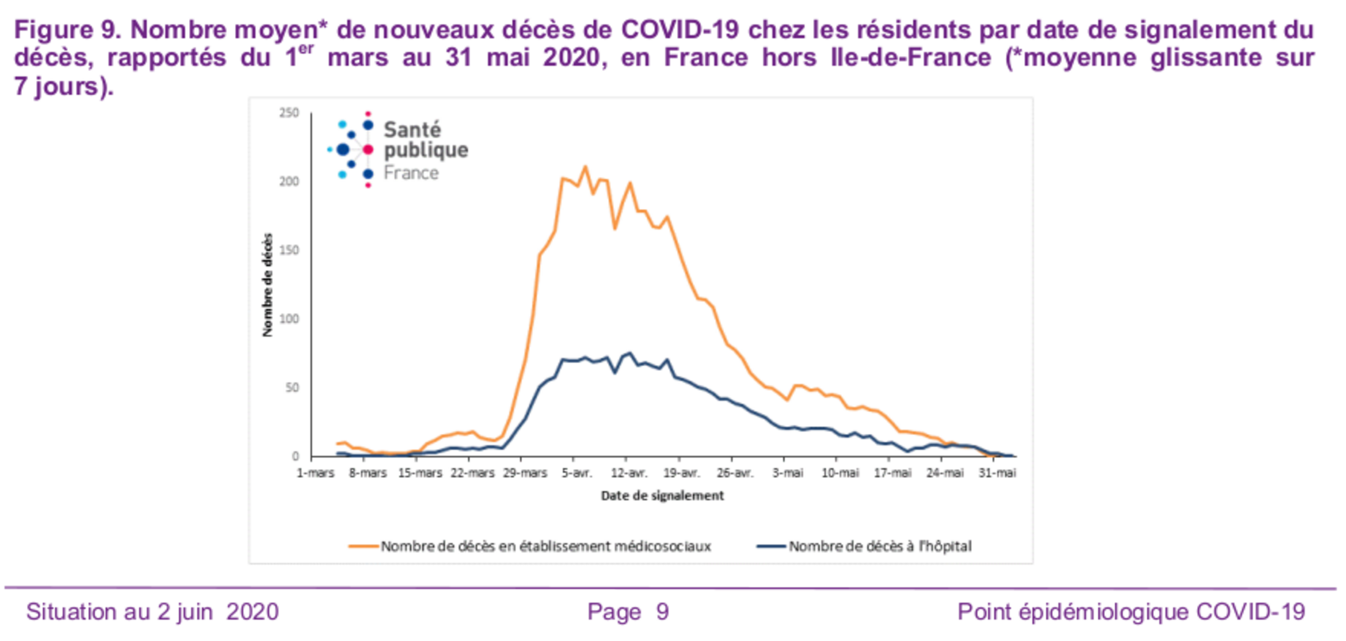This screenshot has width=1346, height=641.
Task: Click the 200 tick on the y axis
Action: (289, 182)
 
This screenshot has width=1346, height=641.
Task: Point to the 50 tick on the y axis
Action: (292, 388)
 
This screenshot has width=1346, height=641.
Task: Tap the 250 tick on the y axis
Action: (289, 113)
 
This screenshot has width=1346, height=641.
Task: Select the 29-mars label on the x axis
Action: (524, 473)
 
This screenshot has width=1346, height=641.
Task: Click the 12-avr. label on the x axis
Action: (629, 473)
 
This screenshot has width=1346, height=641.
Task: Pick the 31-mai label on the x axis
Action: (997, 473)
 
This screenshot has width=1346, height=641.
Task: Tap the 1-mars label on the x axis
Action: (315, 473)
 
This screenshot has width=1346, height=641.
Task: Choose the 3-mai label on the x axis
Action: (787, 473)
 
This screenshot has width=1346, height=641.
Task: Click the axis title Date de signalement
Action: (662, 495)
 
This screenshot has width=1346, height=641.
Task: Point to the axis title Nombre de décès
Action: (267, 284)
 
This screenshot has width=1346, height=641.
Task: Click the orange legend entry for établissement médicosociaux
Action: (530, 546)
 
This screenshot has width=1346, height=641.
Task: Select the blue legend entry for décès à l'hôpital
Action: (864, 546)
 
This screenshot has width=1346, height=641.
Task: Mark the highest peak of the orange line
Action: (585, 166)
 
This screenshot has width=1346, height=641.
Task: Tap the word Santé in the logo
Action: (412, 130)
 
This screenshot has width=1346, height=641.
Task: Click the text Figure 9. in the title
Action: (67, 29)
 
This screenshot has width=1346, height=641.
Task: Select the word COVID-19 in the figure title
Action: (680, 29)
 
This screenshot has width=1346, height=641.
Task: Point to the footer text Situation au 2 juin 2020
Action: (152, 612)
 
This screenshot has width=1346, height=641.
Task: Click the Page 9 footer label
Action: (628, 612)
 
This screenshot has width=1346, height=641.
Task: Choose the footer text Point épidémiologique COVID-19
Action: (1131, 612)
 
